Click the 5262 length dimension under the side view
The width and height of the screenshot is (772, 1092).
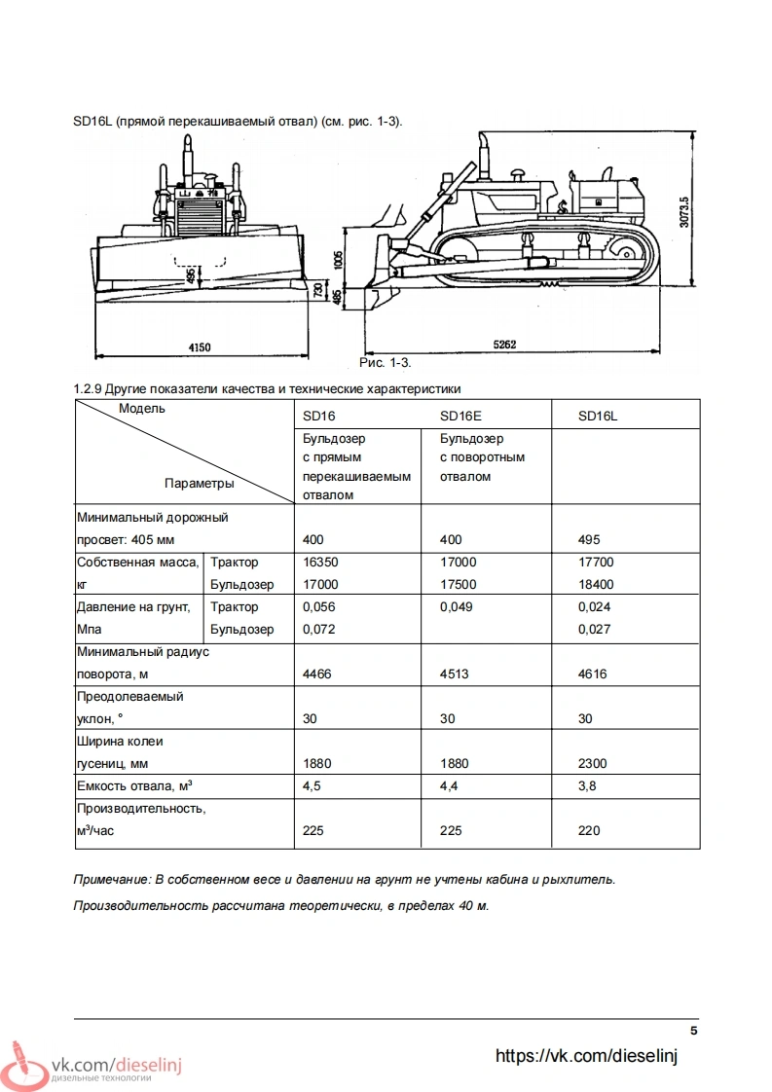coord(505,345)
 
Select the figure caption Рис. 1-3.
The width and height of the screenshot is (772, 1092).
coord(386,363)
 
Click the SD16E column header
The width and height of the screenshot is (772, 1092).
coord(461,416)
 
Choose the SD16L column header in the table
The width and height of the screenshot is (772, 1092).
coord(598,416)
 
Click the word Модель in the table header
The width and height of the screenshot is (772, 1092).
coord(142,408)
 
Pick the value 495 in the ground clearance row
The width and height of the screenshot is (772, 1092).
coord(589,539)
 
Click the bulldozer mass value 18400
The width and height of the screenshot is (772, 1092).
coord(596,584)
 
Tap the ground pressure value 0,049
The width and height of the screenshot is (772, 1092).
coord(458,606)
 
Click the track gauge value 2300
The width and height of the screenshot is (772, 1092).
coord(593,763)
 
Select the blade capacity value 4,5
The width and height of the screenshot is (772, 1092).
coord(312,785)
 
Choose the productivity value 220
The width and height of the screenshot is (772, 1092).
coord(589,830)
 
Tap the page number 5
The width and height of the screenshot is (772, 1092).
coord(694,1031)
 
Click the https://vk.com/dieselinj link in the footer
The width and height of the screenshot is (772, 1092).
coord(586,1056)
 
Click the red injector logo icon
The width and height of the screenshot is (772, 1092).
coord(24,1062)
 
